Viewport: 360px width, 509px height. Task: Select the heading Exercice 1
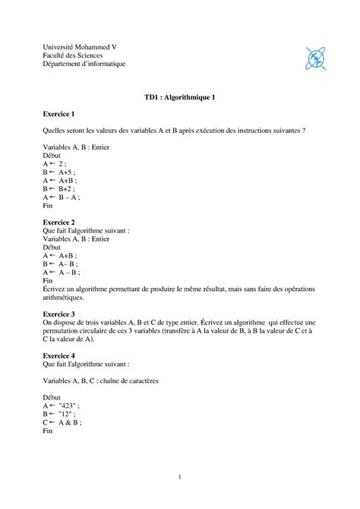58,114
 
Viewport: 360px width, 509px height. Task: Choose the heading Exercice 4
58,355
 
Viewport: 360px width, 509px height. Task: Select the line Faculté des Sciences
74,55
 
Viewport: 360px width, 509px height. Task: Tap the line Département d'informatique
84,64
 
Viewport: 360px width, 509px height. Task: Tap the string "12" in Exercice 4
66,413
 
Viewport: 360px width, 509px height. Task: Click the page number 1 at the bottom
180,477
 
